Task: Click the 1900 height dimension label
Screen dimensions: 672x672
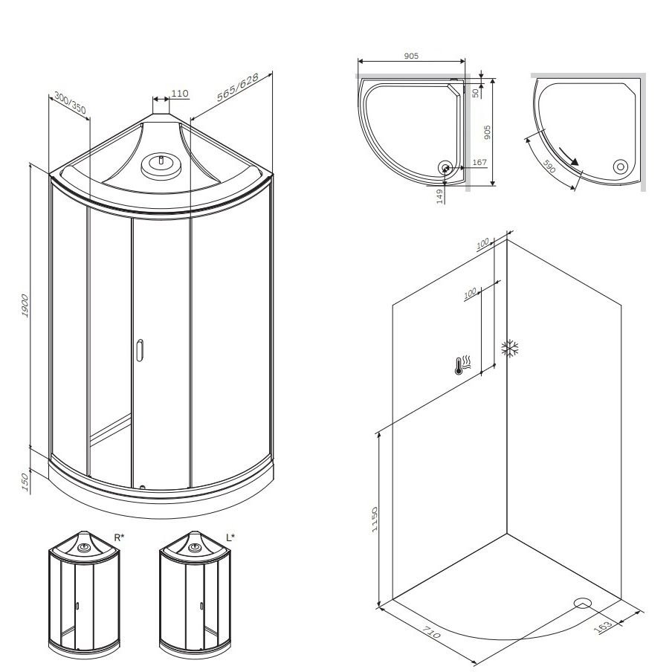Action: tap(25, 306)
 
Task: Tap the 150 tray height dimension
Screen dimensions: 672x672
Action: tap(25, 482)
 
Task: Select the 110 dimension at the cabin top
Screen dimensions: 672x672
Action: tap(180, 94)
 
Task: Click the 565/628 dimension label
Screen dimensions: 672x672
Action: tap(237, 88)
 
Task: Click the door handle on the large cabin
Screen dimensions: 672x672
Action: tap(139, 350)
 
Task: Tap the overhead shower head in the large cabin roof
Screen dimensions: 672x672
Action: tap(161, 164)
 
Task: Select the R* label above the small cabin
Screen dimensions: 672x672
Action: tap(119, 537)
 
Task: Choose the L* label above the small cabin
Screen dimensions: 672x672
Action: tap(230, 537)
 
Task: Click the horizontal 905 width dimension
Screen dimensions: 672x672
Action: tap(411, 56)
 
